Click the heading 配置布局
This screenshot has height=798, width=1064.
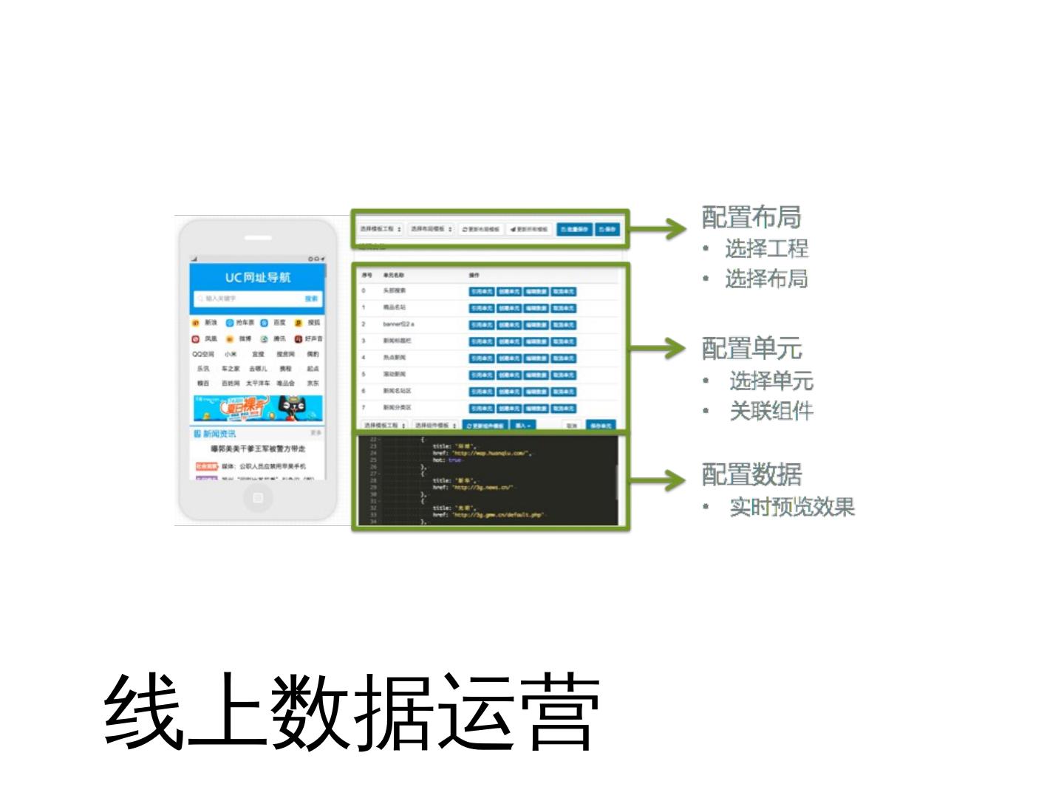(x=751, y=217)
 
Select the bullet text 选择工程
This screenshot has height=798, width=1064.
(x=766, y=249)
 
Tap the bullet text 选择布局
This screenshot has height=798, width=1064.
(x=766, y=279)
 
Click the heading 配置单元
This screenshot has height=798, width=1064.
(x=751, y=348)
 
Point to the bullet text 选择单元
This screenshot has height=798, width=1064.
(x=771, y=381)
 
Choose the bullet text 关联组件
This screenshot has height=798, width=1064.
(x=771, y=411)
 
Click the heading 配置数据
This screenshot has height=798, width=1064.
(x=751, y=474)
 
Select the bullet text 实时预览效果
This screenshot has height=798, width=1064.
(x=791, y=507)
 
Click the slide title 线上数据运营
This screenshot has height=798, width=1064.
(x=351, y=712)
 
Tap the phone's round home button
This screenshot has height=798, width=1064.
(x=257, y=498)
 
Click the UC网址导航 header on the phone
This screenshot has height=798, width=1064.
(x=257, y=277)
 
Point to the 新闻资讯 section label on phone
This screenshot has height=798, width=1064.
(x=219, y=434)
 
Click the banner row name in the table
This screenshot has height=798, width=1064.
(x=398, y=324)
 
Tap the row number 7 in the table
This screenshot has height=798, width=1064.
(x=364, y=407)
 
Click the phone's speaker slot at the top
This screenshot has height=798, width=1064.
(x=257, y=238)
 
